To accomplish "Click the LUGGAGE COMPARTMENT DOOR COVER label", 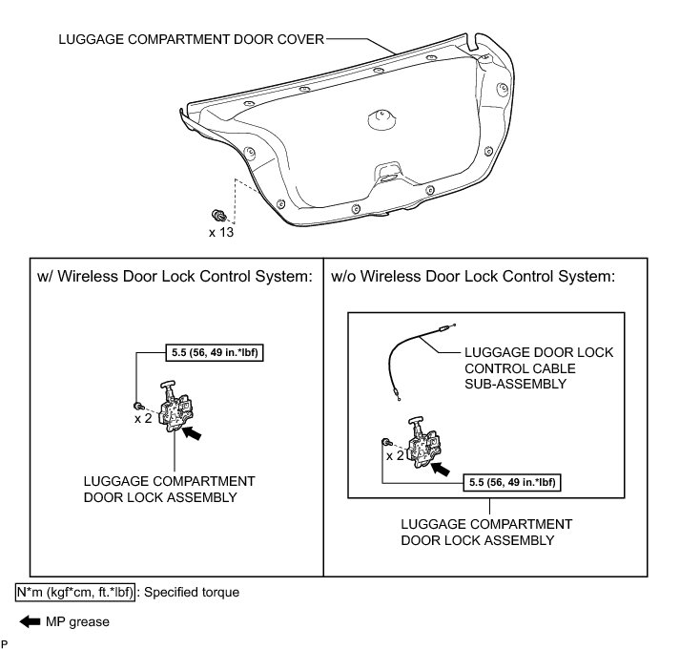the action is (x=190, y=40).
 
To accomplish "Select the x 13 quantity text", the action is (x=221, y=231).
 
